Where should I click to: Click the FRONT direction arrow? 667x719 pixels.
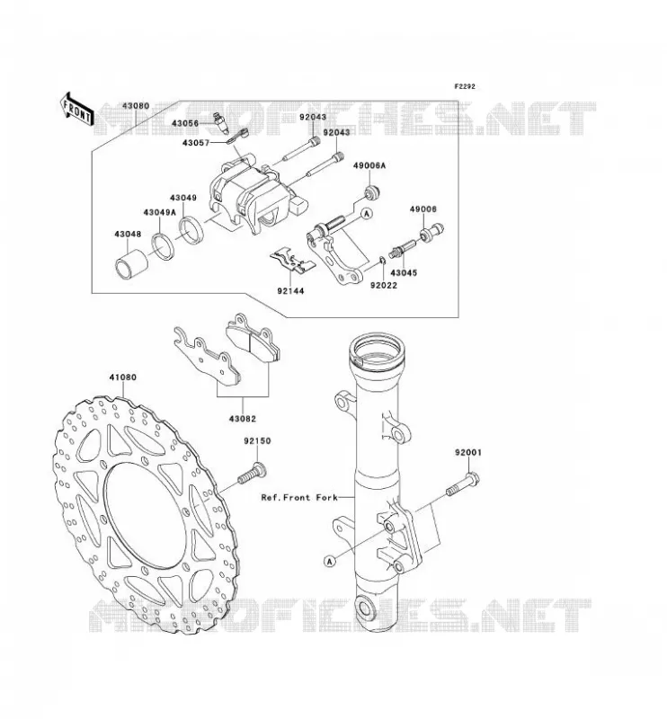[76, 110]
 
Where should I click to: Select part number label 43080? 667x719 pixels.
[136, 106]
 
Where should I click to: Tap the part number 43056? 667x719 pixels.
[185, 123]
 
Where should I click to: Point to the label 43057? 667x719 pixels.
[195, 143]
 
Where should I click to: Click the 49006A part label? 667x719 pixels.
[369, 165]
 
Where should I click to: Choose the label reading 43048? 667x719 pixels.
[128, 234]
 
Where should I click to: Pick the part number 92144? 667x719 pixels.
[290, 290]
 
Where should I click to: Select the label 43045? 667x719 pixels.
[404, 273]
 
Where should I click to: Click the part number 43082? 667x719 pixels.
[242, 419]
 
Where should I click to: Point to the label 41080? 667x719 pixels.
[122, 377]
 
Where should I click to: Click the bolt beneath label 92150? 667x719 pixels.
[252, 474]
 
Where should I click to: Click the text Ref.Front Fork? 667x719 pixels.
[299, 497]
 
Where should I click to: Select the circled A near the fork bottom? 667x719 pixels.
[329, 561]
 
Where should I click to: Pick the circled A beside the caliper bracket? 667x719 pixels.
[367, 213]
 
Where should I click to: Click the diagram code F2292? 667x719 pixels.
[465, 86]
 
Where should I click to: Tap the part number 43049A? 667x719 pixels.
[160, 212]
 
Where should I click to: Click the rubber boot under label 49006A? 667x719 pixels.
[371, 192]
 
